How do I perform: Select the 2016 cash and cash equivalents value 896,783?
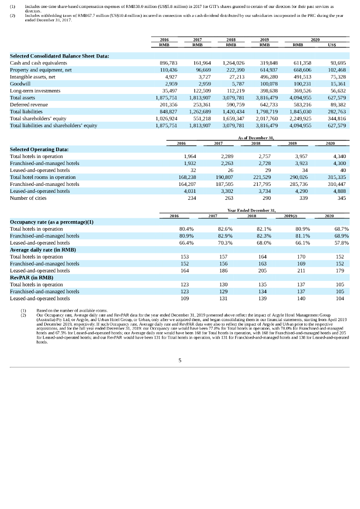168,63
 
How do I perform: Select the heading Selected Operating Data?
39,149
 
